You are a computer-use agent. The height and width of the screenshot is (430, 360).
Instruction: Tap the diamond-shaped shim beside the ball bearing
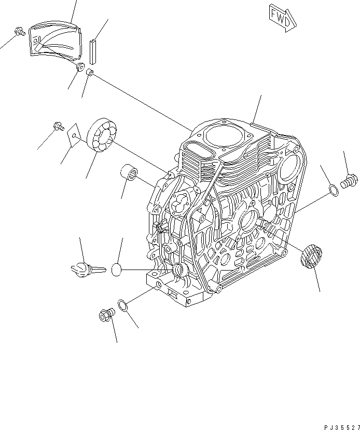(74, 134)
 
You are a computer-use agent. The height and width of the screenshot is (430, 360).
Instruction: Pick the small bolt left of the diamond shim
(58, 125)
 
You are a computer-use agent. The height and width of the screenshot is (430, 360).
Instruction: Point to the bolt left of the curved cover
(19, 32)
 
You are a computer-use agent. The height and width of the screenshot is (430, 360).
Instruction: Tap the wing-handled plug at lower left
(86, 268)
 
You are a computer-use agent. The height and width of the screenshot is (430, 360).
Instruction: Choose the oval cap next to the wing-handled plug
(117, 269)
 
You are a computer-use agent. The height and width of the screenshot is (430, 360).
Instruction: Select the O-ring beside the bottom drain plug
(123, 305)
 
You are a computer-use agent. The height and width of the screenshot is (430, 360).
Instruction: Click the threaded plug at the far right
(349, 181)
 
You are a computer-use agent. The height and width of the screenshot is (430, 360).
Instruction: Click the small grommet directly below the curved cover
(80, 68)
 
